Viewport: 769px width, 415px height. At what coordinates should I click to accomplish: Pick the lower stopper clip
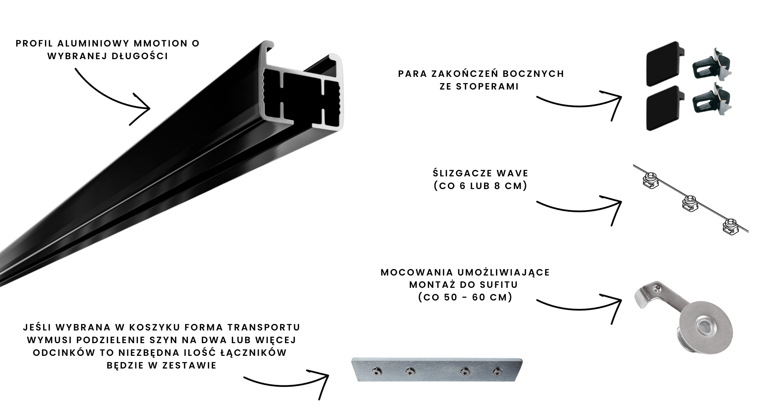coord(712,99)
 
